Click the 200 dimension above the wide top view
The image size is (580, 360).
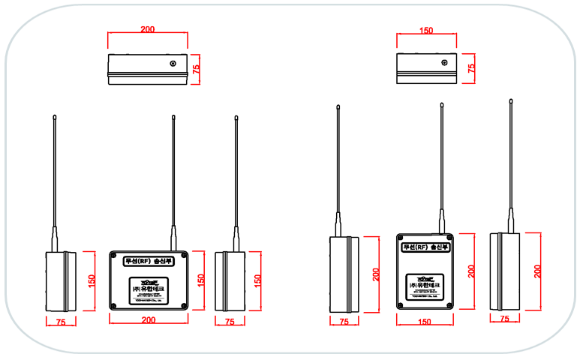pos(148,29)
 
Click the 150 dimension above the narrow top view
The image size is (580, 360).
pos(426,31)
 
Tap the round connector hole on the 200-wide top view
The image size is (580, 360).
pos(173,64)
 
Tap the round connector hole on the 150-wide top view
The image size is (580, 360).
pos(444,64)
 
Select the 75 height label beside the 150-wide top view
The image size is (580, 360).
pos(471,68)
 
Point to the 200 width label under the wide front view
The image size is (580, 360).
pos(149,320)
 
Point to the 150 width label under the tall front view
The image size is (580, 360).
pos(425,321)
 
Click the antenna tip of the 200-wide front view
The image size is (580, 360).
pos(173,116)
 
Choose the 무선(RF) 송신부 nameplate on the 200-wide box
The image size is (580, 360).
pos(148,262)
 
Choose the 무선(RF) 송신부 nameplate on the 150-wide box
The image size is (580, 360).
pos(425,246)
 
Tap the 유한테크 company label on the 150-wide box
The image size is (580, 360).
pos(425,286)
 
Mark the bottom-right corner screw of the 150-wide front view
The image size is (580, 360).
pos(450,304)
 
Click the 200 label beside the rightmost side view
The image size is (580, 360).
pos(538,271)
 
